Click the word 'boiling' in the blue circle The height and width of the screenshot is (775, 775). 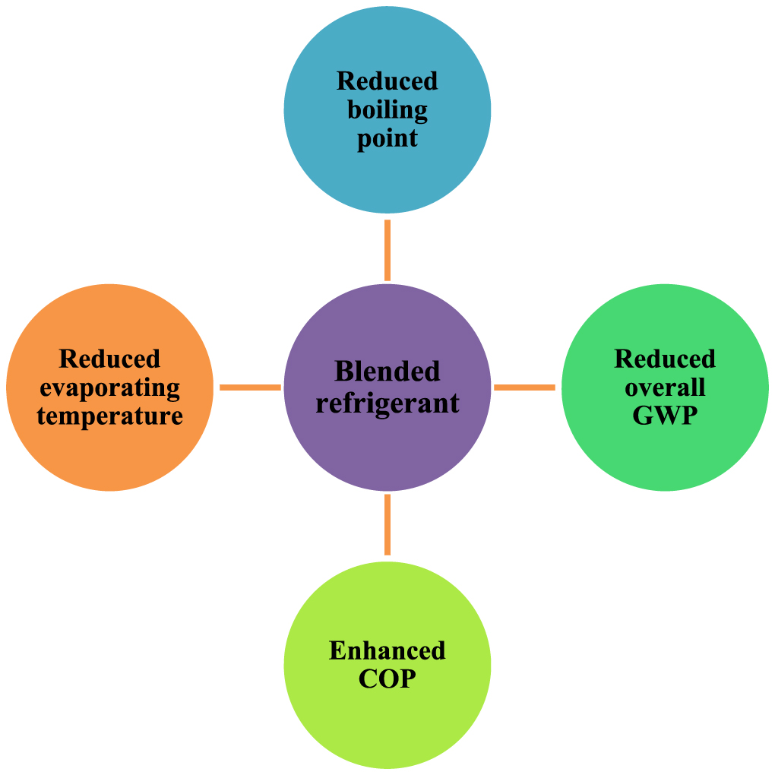[387, 110]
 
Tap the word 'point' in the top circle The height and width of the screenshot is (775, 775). [387, 139]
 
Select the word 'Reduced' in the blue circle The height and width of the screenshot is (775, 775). [387, 81]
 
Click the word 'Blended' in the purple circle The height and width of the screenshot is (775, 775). [387, 372]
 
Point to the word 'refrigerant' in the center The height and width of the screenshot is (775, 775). [387, 402]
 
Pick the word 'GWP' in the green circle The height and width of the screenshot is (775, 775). [665, 416]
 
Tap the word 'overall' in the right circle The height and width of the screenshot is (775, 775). [665, 387]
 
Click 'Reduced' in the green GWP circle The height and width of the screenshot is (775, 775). [665, 359]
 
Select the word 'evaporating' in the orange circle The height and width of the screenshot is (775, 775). [110, 388]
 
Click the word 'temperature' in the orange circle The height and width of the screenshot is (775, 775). [110, 416]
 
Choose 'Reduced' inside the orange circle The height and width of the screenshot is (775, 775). [110, 359]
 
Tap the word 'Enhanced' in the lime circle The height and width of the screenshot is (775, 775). [387, 650]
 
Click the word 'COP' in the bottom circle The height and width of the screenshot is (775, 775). [387, 679]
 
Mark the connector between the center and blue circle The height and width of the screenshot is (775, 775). [387, 250]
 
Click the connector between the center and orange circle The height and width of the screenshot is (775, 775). [250, 387]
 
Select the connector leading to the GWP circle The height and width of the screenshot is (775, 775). [525, 387]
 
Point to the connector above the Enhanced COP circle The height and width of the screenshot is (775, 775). [387, 525]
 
